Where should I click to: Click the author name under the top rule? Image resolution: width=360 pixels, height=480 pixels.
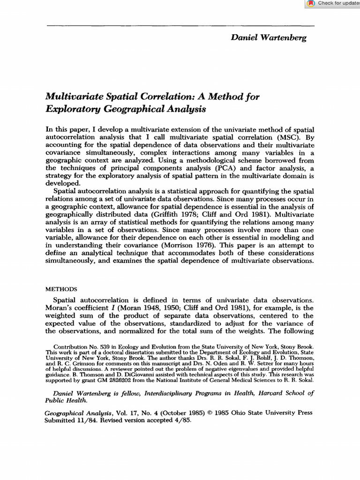(x=269, y=37)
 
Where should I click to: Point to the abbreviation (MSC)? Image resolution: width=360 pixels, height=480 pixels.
(x=290, y=137)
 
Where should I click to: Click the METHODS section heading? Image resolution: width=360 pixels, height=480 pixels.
(x=61, y=289)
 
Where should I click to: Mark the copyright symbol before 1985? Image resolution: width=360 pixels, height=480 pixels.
(x=211, y=413)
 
